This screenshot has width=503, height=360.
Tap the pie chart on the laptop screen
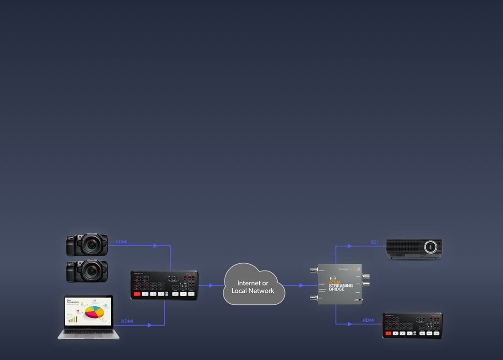pos(94,312)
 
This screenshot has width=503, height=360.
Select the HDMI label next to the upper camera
pos(121,242)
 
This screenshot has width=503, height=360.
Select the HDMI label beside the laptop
pos(127,321)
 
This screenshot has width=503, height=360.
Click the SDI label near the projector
pos(374,242)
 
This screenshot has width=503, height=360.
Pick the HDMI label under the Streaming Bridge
pos(369,320)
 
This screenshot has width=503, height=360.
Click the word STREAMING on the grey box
pos(341,286)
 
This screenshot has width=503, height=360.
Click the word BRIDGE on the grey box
pos(337,290)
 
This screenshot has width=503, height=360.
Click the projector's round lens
pos(430,247)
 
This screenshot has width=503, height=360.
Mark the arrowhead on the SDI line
pos(350,246)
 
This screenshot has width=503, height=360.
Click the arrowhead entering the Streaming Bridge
pos(302,285)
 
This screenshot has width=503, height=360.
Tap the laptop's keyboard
pos(89,331)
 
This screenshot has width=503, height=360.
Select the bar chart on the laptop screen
pos(73,319)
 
